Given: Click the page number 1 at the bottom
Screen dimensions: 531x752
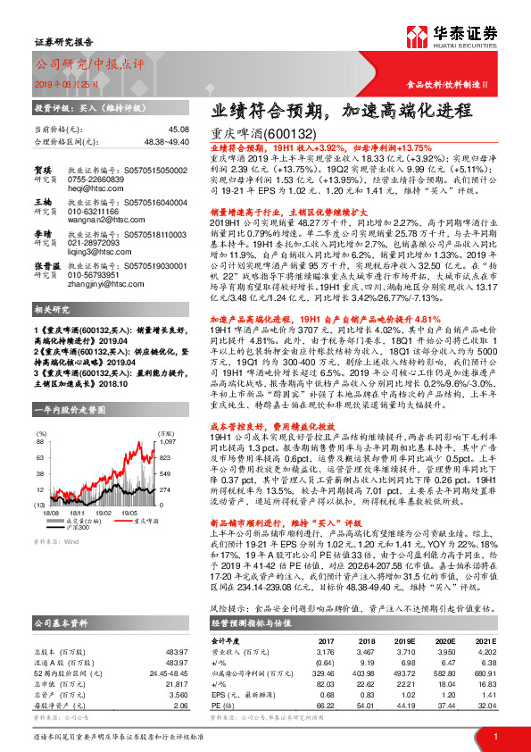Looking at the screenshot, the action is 494,736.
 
